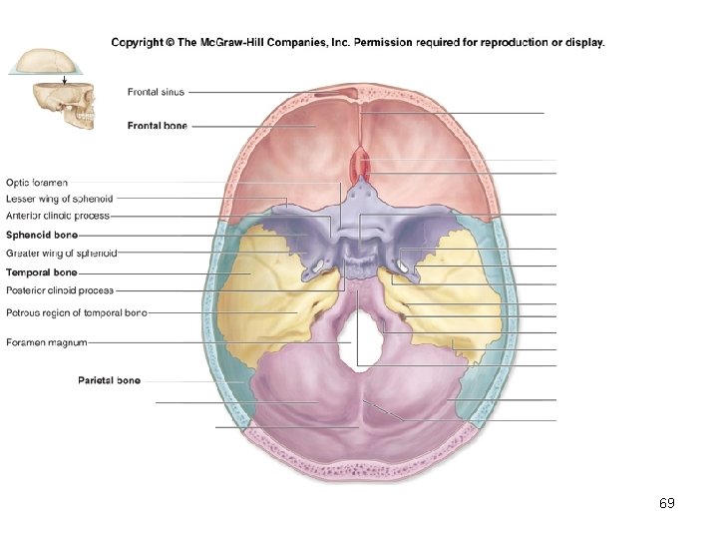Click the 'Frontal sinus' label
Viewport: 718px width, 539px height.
[156, 92]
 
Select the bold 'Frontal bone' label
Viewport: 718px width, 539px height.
[158, 126]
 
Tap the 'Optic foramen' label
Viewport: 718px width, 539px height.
[37, 183]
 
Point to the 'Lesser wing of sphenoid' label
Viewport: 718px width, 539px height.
[59, 199]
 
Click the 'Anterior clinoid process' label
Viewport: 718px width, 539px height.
[57, 215]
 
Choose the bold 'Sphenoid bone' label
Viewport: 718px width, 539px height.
[42, 236]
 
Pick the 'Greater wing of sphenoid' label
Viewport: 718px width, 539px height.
[61, 253]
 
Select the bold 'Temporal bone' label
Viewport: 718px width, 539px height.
[41, 271]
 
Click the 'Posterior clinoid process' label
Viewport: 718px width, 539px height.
[60, 290]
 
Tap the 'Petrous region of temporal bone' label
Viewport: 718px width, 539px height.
[76, 312]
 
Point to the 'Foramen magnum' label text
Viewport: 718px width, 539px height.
[46, 342]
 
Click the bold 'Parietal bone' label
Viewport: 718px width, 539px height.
[109, 380]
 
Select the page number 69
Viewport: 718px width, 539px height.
[667, 503]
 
